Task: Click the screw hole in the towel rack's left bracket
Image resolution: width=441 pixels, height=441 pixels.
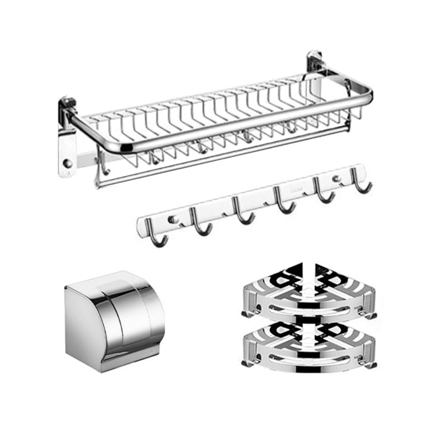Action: [x=67, y=164]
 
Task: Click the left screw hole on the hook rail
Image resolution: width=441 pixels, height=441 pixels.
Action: [x=175, y=219]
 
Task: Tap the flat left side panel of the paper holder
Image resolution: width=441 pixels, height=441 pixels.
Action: [x=83, y=325]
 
